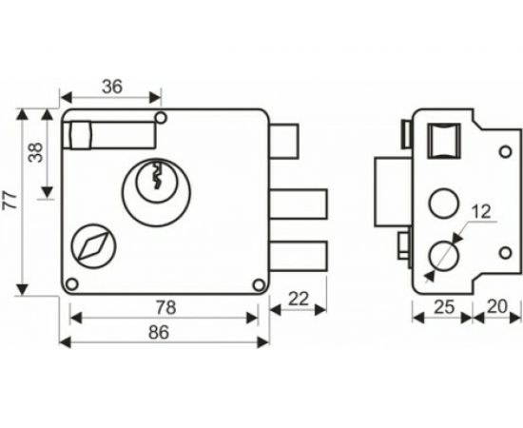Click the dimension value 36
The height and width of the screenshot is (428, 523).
[112, 86]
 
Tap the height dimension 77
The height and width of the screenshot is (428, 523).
[10, 201]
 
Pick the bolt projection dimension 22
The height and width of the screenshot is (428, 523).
[297, 298]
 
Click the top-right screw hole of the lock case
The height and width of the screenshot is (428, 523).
[161, 118]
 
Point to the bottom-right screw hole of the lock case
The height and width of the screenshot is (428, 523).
[257, 283]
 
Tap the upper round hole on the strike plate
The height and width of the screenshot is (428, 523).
[441, 203]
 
